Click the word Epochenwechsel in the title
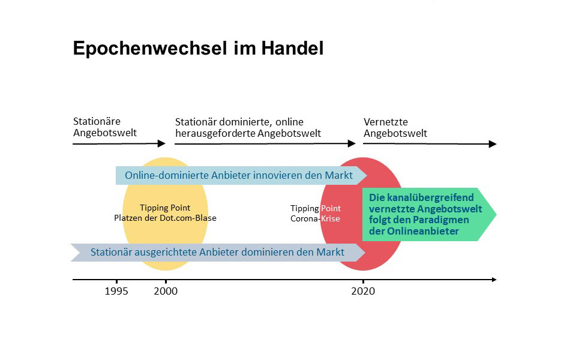pyautogui.click(x=150, y=49)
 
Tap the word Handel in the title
pyautogui.click(x=292, y=48)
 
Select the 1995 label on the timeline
pyautogui.click(x=116, y=291)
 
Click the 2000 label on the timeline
pyautogui.click(x=166, y=291)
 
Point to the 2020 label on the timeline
pyautogui.click(x=363, y=291)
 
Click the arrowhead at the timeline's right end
pyautogui.click(x=494, y=280)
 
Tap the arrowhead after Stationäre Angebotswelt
pyautogui.click(x=161, y=143)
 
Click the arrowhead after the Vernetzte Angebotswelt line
pyautogui.click(x=493, y=144)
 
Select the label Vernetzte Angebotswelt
pyautogui.click(x=395, y=127)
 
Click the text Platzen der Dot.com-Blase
pyautogui.click(x=165, y=218)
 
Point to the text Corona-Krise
pyautogui.click(x=315, y=218)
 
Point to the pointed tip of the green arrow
pyautogui.click(x=496, y=214)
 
